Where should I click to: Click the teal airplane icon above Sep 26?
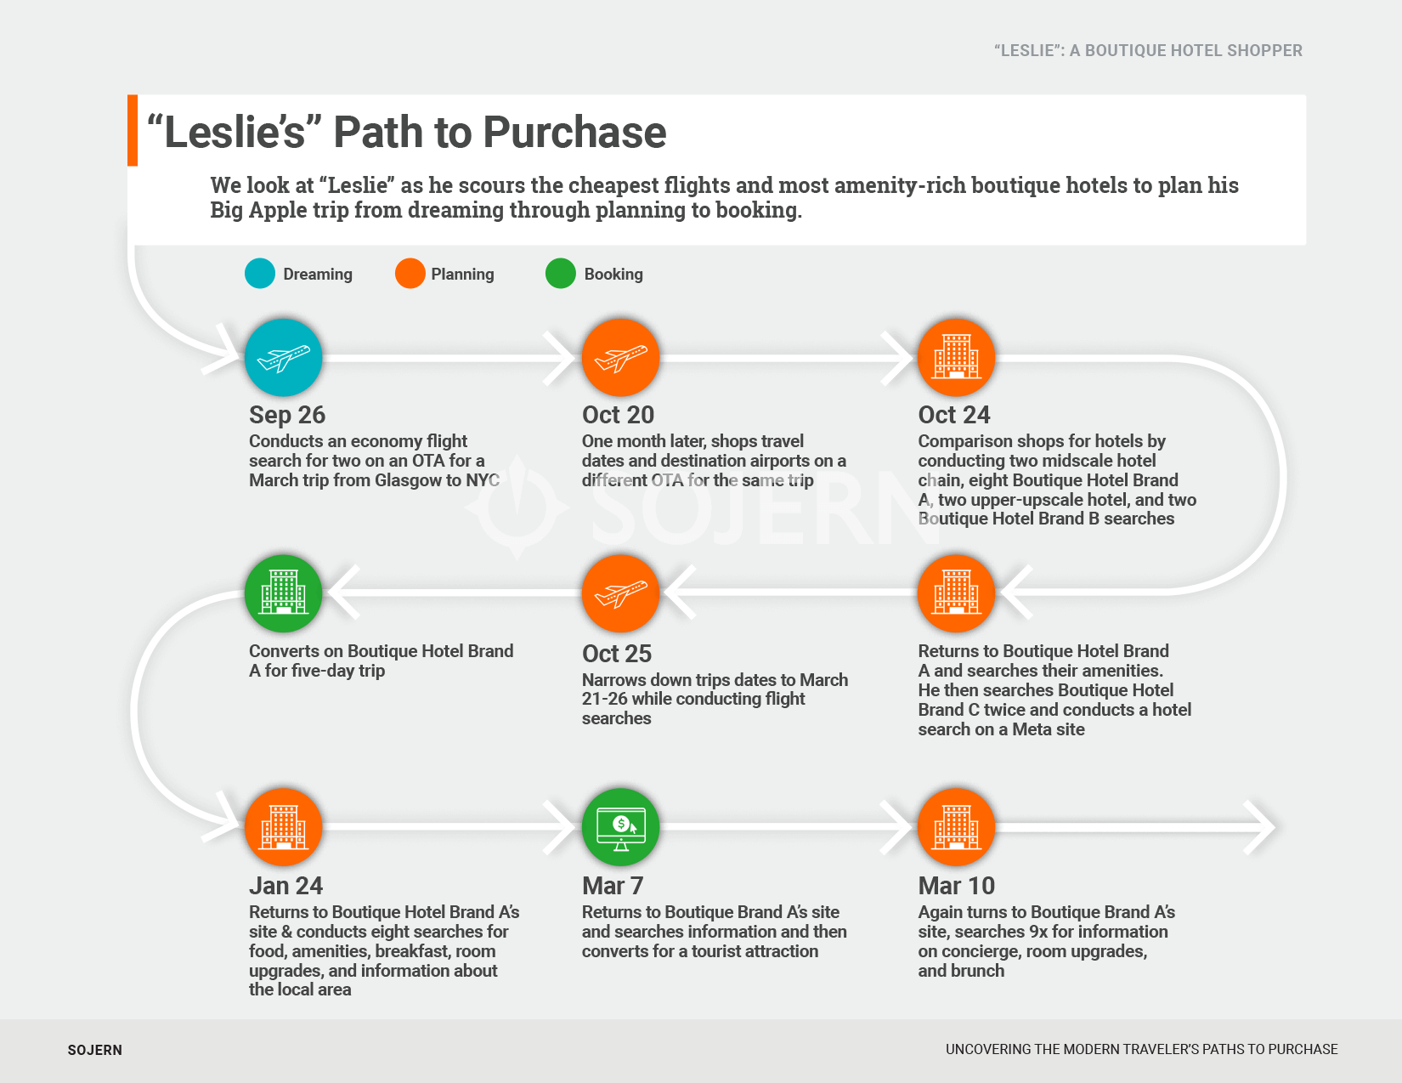coord(283,358)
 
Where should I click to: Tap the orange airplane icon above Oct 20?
coord(620,358)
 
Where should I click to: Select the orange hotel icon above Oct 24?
coord(956,358)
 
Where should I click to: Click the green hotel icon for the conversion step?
coord(283,593)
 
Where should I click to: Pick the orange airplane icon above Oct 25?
coord(620,593)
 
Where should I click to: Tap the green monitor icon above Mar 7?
coord(620,827)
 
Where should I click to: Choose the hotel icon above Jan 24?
coord(283,827)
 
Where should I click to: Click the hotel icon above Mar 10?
coord(956,827)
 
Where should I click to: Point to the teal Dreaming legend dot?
coord(260,274)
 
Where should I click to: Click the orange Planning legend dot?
coord(410,274)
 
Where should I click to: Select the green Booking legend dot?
coord(561,274)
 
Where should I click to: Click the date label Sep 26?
coord(287,415)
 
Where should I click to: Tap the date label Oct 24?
coord(953,415)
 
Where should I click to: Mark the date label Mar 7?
coord(612,886)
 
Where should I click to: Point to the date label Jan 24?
coord(285,886)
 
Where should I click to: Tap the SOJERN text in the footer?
coord(95,1050)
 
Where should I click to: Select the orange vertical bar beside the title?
coord(133,130)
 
